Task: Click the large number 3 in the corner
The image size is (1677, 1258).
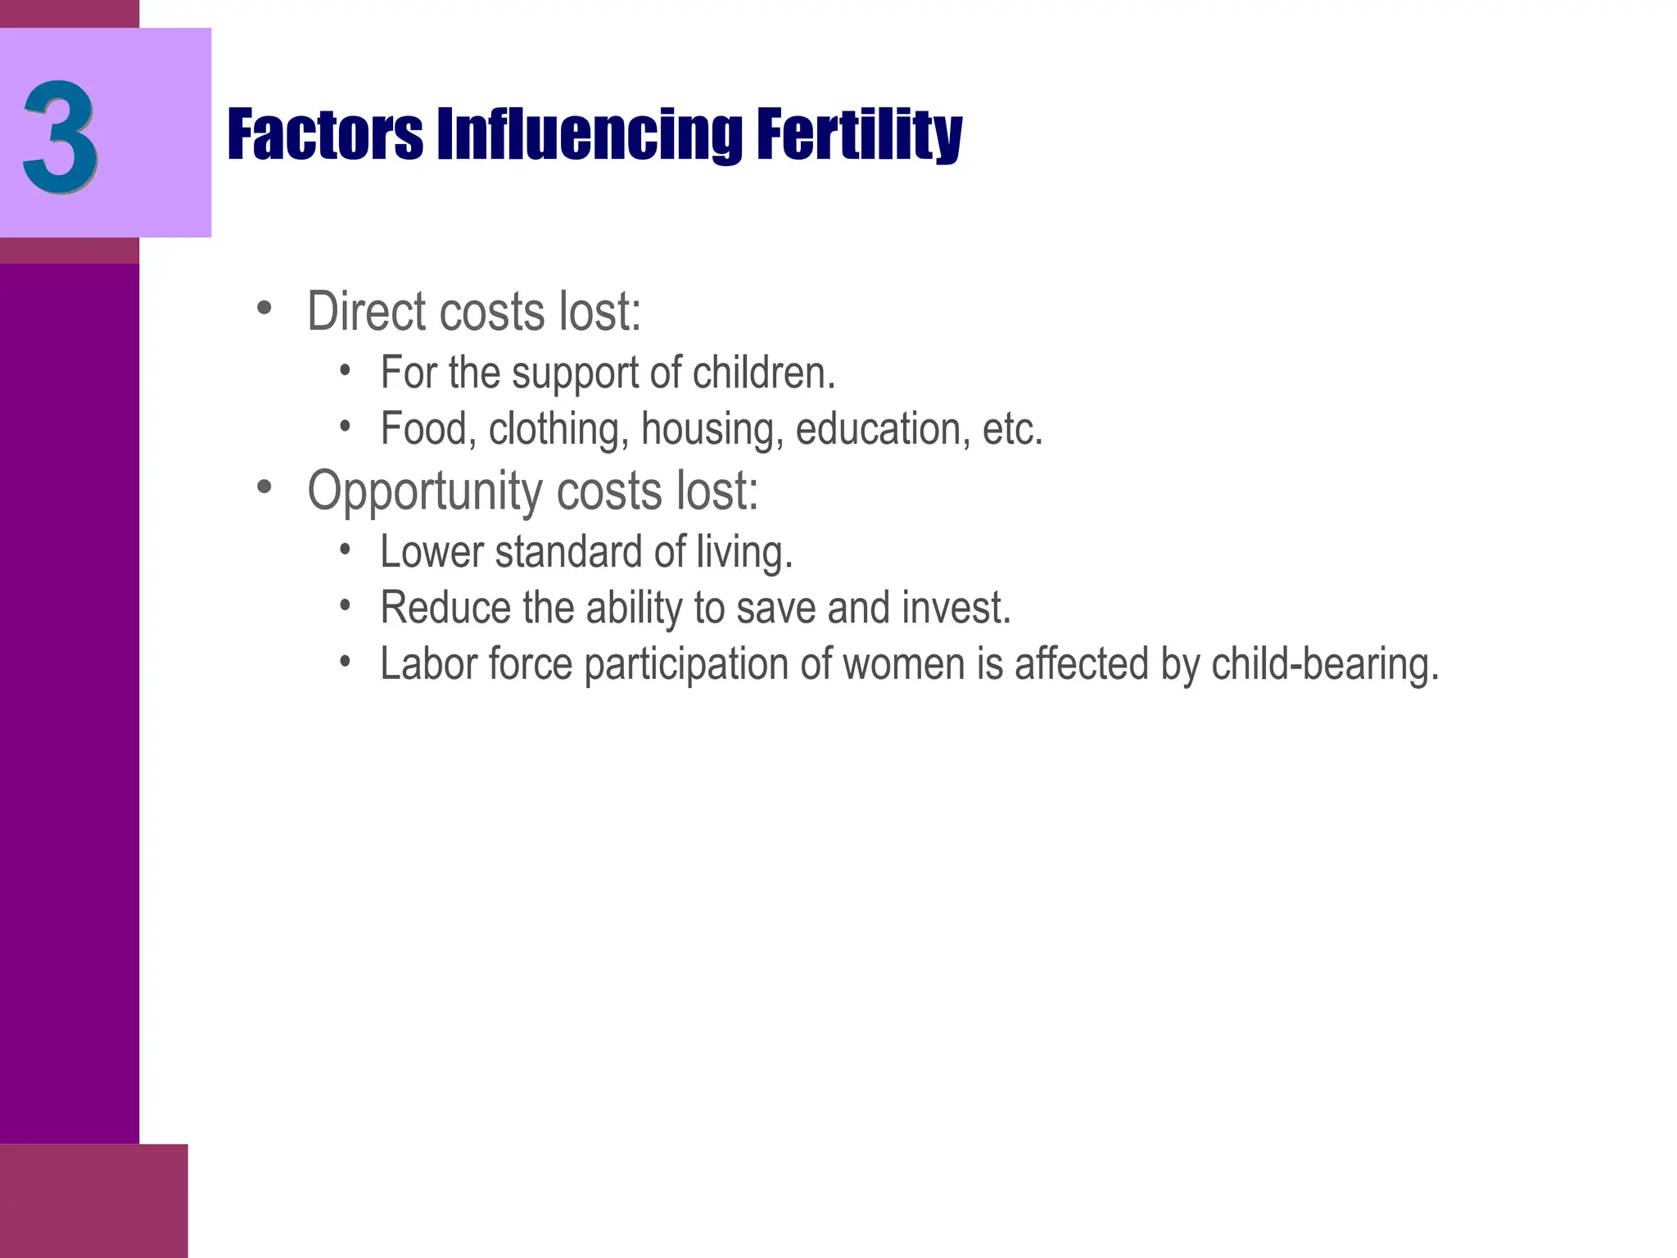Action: [x=61, y=135]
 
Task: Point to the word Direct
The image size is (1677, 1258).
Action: [x=368, y=312]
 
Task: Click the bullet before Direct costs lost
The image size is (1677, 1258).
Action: [x=264, y=309]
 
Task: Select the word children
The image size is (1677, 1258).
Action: [x=763, y=373]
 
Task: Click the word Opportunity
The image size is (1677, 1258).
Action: [x=425, y=491]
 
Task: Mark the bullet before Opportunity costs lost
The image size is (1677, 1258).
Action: [x=264, y=487]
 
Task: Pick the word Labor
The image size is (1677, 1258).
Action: [x=428, y=663]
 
